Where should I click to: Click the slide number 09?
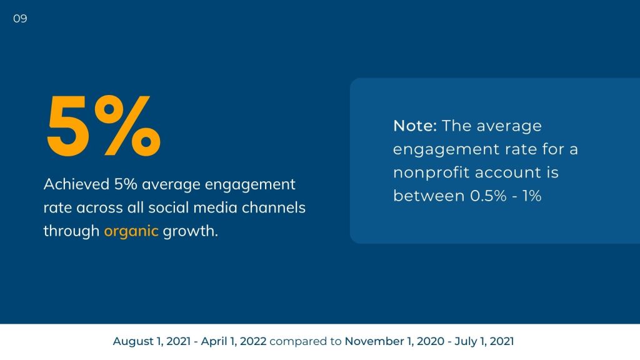coord(20,19)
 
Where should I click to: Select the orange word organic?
coord(131,231)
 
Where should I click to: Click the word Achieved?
coord(76,184)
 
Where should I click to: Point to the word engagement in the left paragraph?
coord(250,185)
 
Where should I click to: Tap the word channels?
coord(274,207)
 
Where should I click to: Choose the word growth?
coord(190,231)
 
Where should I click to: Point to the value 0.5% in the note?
coord(488,196)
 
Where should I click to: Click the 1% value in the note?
coord(532,196)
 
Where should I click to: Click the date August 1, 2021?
coord(152,341)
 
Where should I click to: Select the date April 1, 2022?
coord(234,341)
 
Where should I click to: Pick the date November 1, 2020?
coord(394,341)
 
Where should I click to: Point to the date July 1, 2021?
coord(484,341)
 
